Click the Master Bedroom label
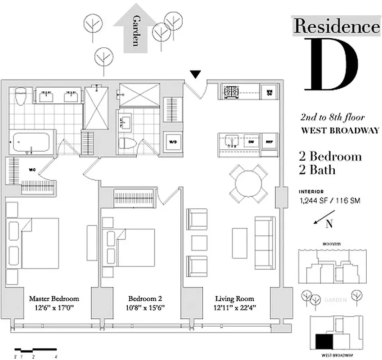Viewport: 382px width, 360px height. click(54, 298)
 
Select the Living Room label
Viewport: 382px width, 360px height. click(234, 298)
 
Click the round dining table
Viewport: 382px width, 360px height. click(248, 184)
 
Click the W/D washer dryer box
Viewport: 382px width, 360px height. click(172, 141)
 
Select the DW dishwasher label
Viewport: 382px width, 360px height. click(251, 140)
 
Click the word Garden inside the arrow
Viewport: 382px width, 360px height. click(135, 30)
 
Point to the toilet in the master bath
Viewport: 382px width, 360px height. click(21, 96)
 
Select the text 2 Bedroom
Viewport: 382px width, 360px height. click(330, 157)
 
